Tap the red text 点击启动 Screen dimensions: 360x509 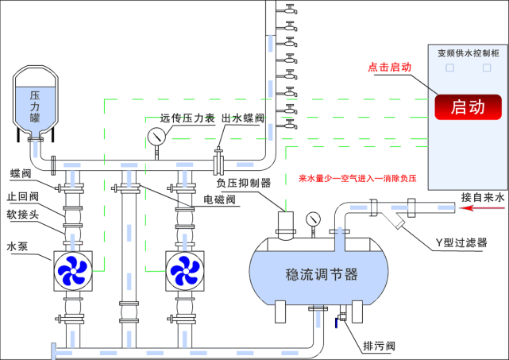pyautogui.click(x=389, y=68)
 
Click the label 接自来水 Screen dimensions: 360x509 pyautogui.click(x=482, y=196)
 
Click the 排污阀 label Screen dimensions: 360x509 pyautogui.click(x=379, y=346)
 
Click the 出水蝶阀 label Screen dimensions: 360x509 pyautogui.click(x=243, y=118)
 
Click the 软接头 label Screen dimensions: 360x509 pyautogui.click(x=22, y=214)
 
